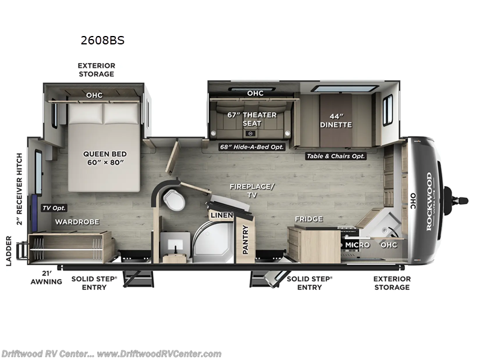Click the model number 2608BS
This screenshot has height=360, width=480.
(103, 41)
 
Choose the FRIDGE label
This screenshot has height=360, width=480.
(308, 219)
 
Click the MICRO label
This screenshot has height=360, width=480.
(356, 245)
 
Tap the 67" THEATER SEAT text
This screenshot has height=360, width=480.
(251, 119)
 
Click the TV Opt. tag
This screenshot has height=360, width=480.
(54, 208)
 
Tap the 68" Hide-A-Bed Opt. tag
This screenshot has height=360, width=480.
(251, 146)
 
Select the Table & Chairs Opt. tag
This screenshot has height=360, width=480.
(335, 155)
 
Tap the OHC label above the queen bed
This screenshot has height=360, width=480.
(94, 95)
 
